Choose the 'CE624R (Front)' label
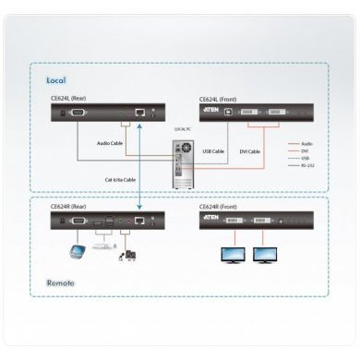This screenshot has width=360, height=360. coord(221,208)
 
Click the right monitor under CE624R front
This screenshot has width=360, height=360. coord(267,254)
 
